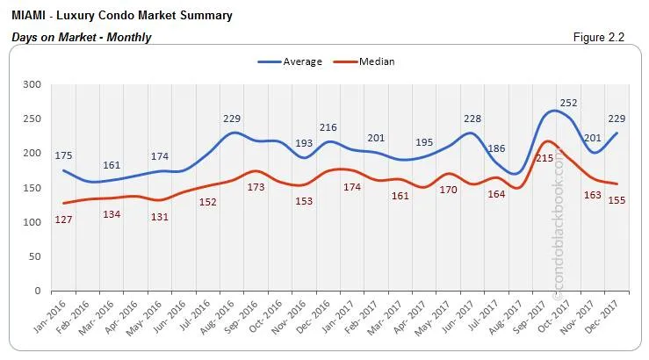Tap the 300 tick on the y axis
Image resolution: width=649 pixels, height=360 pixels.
(x=32, y=84)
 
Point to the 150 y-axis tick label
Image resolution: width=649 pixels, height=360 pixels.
(x=32, y=188)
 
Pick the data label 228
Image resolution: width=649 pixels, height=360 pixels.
(x=472, y=119)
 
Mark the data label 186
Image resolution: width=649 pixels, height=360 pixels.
(x=497, y=149)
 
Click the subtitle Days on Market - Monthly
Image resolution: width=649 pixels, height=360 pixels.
(x=82, y=37)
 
